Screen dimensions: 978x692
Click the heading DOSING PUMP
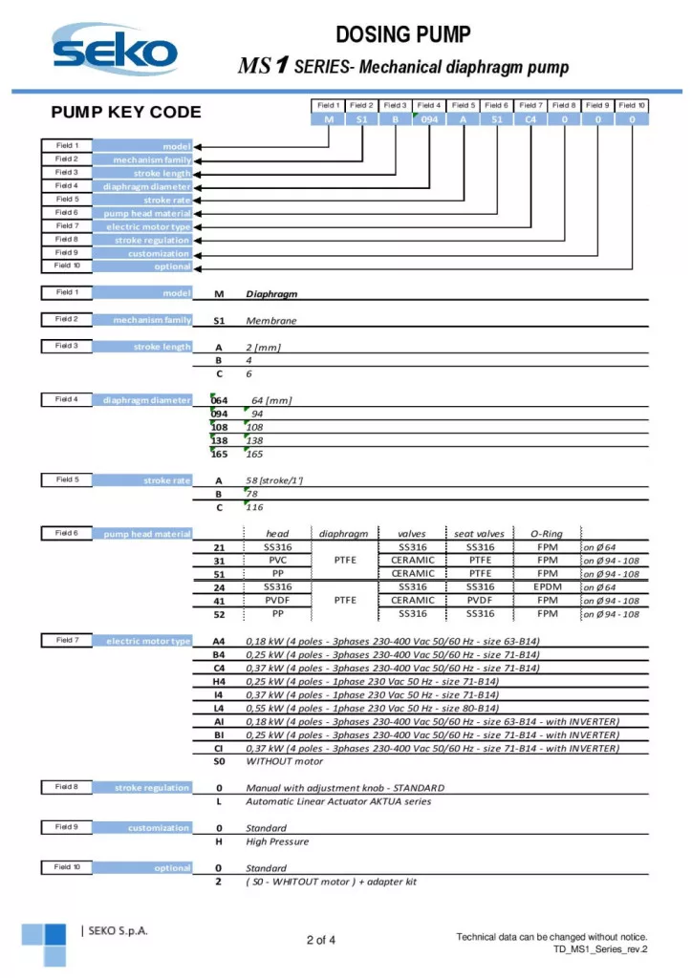[x=403, y=35]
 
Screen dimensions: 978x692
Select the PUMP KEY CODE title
[x=126, y=112]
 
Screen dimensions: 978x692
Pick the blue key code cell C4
[x=530, y=119]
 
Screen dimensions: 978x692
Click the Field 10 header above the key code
[x=632, y=105]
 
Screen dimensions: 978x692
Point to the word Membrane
[x=271, y=321]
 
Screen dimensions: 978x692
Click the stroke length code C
[x=219, y=373]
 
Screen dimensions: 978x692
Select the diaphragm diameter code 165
[x=219, y=454]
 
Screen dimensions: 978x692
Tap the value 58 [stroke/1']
[x=275, y=480]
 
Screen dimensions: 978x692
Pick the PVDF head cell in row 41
[x=277, y=601]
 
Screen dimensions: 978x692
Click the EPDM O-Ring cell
[x=548, y=587]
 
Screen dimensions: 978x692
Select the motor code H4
[x=219, y=681]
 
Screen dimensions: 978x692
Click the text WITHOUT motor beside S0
[x=285, y=761]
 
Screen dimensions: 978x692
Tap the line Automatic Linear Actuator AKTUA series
[x=338, y=801]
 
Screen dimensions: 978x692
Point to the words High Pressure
[x=277, y=841]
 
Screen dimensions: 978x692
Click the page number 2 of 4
[x=321, y=940]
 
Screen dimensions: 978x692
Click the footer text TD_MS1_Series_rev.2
[x=600, y=949]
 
